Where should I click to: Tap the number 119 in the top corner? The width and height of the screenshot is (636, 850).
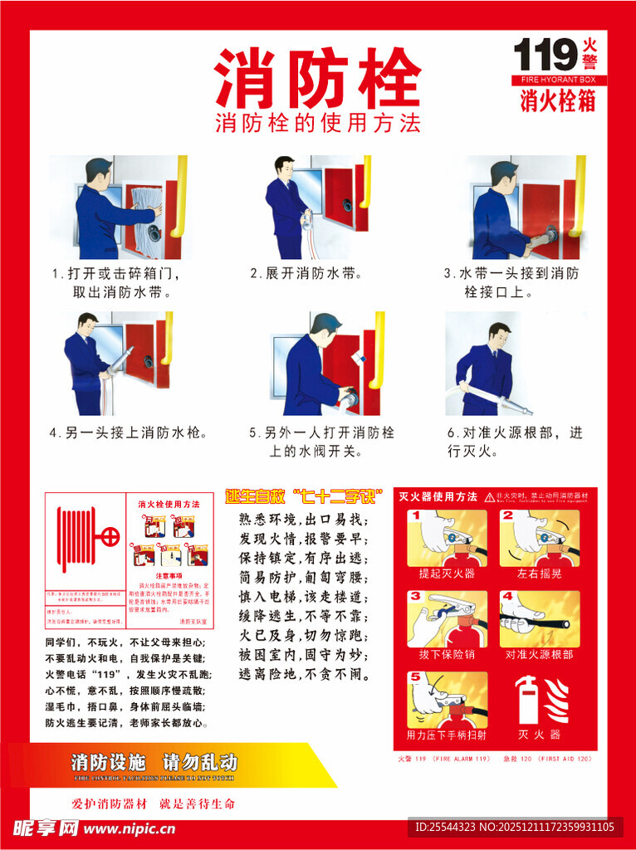(545, 56)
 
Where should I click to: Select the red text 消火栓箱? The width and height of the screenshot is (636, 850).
(557, 100)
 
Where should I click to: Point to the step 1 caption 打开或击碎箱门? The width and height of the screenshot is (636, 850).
(115, 273)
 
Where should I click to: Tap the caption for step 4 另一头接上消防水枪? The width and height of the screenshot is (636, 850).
(128, 432)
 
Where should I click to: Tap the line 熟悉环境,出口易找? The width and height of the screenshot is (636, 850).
(302, 520)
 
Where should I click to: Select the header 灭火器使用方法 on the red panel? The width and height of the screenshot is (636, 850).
(438, 496)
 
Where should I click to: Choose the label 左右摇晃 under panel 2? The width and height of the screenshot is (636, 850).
(539, 574)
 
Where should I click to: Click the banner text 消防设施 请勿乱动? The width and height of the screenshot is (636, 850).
(154, 762)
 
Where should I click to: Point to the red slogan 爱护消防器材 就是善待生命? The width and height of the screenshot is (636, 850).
(154, 804)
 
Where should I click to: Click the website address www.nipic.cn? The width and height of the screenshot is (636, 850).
(130, 828)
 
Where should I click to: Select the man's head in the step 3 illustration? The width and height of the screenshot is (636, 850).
(503, 175)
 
